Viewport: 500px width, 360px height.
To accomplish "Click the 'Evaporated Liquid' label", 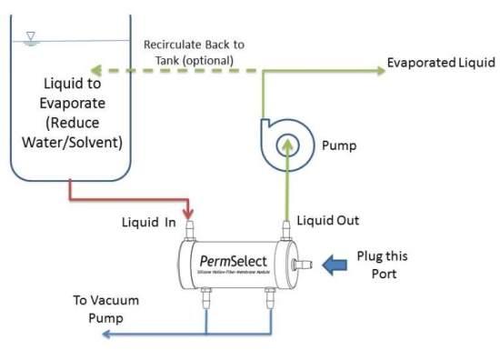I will pos(441,63).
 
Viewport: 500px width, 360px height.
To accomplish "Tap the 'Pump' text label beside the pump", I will pos(339,145).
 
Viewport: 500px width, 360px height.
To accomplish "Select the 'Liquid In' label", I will pos(149,221).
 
